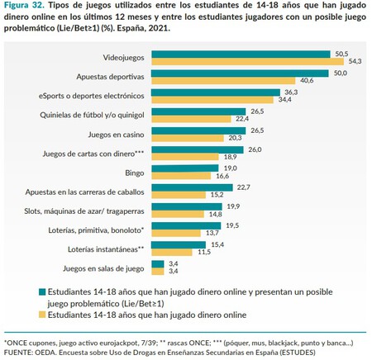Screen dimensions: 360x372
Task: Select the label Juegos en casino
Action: (117, 133)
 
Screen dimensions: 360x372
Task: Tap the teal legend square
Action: (41, 291)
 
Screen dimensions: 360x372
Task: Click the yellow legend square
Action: (41, 314)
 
